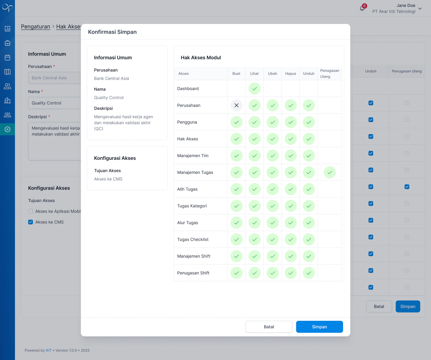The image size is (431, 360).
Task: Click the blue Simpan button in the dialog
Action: [x=319, y=327]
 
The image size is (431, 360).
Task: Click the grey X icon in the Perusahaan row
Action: [x=236, y=105]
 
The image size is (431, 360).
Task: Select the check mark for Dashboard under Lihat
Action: [x=254, y=89]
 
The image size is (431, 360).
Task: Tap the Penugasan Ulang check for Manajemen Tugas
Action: [x=330, y=172]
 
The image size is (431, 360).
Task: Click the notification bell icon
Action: [x=362, y=8]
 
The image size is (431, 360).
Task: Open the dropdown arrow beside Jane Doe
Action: [x=420, y=8]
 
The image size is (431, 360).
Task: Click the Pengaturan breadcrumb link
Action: [x=36, y=27]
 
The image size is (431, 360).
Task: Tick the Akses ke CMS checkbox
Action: [x=31, y=222]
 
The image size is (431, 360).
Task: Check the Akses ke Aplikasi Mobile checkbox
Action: [x=31, y=211]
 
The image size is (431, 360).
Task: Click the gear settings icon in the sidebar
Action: [x=7, y=129]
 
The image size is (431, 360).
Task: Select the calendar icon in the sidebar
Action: [x=7, y=57]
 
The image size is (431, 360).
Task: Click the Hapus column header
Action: [x=291, y=74]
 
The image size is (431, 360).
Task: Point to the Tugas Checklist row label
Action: [x=193, y=239]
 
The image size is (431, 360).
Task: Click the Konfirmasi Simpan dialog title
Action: [x=112, y=32]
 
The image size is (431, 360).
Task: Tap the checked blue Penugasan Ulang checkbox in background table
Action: [x=407, y=187]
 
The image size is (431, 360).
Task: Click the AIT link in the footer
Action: [x=48, y=350]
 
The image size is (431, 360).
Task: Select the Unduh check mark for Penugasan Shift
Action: [x=309, y=273]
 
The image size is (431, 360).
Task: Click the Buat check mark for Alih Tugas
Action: [x=236, y=189]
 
